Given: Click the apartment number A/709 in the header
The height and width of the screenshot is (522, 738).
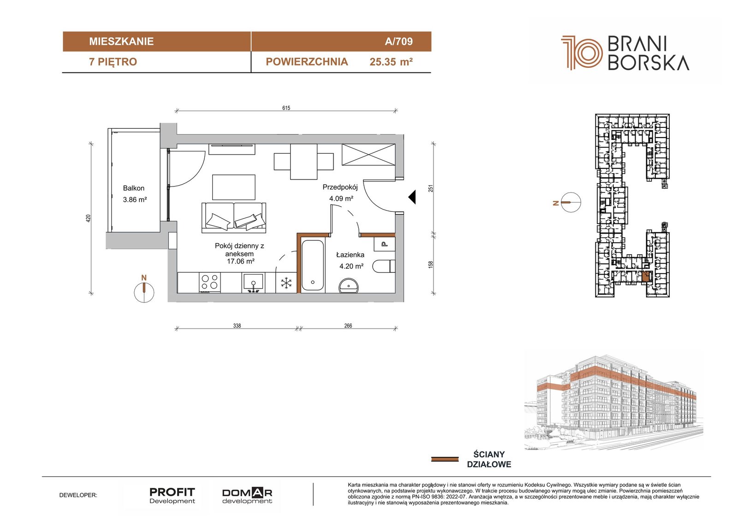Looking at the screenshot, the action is [399, 41].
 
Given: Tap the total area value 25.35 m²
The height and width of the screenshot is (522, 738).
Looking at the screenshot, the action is [391, 62].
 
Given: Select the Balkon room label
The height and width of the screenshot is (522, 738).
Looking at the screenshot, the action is [133, 188].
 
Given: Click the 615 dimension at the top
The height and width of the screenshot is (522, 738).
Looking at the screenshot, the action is [286, 108].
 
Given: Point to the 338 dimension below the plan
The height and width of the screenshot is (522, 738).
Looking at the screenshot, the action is [237, 325].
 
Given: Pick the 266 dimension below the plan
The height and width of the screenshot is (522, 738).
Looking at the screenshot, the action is [348, 325].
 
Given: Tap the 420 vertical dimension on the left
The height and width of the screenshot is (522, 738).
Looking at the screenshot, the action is [88, 218].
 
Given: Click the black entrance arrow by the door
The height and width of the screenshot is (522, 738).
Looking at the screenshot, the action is [412, 197].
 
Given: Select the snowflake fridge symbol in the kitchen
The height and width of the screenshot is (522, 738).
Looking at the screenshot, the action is [286, 283].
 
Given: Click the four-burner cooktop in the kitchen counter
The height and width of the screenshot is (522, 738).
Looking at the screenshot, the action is [210, 282].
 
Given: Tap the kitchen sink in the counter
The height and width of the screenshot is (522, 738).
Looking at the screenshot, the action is [253, 283].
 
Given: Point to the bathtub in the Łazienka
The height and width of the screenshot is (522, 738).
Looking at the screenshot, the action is [313, 265].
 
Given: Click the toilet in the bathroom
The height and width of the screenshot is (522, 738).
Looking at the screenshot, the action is [384, 266].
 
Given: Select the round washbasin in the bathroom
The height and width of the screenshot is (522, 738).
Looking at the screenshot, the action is [349, 286].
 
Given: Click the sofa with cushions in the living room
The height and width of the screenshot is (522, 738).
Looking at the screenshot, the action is [233, 218].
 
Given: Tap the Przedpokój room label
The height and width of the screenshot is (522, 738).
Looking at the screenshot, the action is [340, 187].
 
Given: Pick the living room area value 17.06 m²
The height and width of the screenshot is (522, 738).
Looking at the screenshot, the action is [240, 261].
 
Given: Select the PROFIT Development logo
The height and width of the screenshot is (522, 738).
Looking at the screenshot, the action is [172, 496].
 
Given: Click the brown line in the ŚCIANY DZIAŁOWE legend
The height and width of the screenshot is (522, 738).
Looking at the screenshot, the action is [445, 459].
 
